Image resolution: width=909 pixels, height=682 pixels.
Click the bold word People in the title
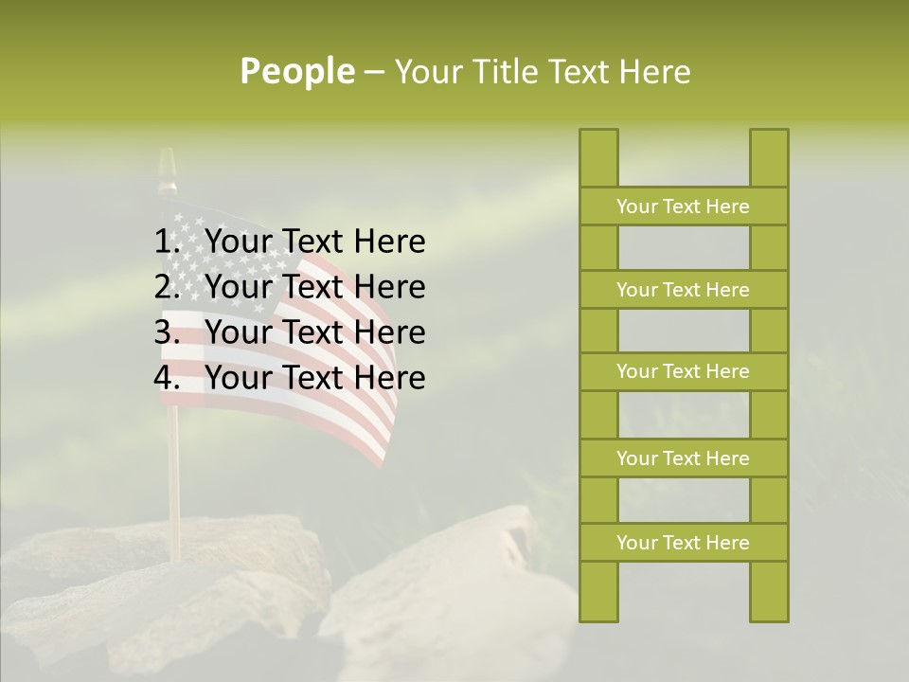pyautogui.click(x=296, y=71)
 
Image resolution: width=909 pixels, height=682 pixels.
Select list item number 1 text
pyautogui.click(x=314, y=242)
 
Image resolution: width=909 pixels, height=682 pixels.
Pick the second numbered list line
pyautogui.click(x=314, y=287)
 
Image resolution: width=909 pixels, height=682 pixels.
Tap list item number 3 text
pyautogui.click(x=314, y=332)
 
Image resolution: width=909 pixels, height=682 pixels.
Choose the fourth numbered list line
pyautogui.click(x=314, y=378)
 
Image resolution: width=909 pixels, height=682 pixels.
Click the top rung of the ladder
pyautogui.click(x=683, y=206)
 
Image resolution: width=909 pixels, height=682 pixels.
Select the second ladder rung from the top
pyautogui.click(x=683, y=290)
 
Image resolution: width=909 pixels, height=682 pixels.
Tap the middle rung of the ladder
pyautogui.click(x=683, y=371)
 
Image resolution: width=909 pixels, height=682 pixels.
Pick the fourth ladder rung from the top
pyautogui.click(x=683, y=458)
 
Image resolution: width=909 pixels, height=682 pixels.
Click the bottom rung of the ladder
pyautogui.click(x=683, y=543)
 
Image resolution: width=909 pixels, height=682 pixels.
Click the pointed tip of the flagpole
pyautogui.click(x=167, y=155)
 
